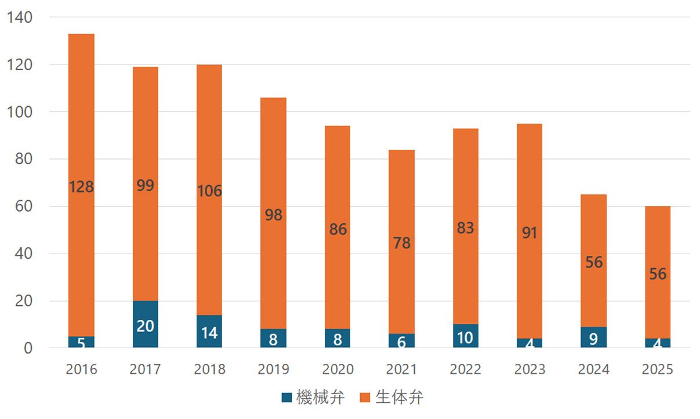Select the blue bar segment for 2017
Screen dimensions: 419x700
tap(145, 325)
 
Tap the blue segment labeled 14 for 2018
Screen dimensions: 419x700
tap(209, 332)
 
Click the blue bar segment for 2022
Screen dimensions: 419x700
tap(466, 337)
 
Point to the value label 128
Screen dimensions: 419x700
tap(81, 187)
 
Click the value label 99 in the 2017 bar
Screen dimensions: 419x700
tap(145, 186)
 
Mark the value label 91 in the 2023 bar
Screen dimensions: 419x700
tap(529, 233)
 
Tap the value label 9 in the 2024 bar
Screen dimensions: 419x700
tap(594, 338)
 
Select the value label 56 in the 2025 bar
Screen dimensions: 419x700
tap(658, 274)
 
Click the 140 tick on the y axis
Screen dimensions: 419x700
tap(21, 17)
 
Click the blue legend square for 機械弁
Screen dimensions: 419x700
tap(286, 398)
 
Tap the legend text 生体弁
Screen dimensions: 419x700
tap(400, 398)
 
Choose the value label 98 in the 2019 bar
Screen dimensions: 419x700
tap(273, 215)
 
